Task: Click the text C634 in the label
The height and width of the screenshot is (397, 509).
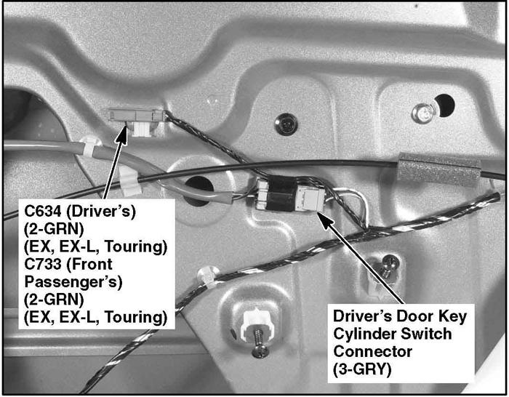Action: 43,212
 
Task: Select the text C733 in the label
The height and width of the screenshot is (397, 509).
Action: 43,264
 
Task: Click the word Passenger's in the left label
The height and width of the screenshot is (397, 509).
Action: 73,282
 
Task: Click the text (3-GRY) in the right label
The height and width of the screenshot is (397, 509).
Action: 362,369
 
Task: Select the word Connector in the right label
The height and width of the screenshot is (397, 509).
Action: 372,351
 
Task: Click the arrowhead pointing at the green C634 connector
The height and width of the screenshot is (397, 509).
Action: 121,133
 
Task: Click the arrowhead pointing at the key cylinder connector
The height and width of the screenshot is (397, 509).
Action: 324,217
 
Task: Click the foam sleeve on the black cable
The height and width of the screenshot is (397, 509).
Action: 438,169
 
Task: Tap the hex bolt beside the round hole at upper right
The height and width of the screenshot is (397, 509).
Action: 423,113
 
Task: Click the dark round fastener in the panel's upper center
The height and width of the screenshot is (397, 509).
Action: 286,124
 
